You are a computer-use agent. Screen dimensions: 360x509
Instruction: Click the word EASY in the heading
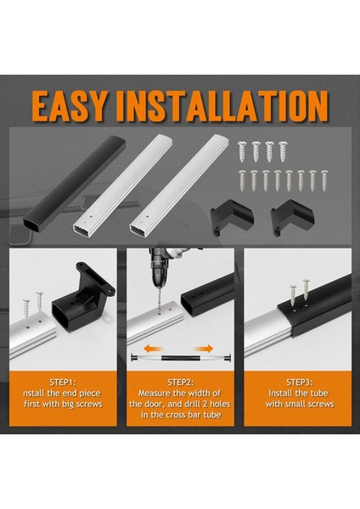(x=70, y=106)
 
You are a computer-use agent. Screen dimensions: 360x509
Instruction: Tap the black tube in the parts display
(x=74, y=183)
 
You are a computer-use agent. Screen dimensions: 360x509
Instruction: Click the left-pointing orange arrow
(x=154, y=349)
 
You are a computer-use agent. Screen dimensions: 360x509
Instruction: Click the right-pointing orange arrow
(x=204, y=349)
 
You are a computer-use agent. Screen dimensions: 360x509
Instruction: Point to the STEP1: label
(x=63, y=382)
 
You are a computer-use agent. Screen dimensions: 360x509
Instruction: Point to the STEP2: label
(x=181, y=382)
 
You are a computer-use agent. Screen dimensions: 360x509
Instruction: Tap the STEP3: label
(x=299, y=382)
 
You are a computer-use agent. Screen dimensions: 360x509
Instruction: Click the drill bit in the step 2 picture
(x=158, y=301)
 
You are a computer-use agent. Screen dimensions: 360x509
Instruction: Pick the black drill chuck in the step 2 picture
(x=160, y=272)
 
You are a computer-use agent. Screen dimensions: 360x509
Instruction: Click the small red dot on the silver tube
(x=171, y=310)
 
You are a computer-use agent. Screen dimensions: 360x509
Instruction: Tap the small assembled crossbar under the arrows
(x=181, y=358)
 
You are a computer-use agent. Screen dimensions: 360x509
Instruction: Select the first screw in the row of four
(x=242, y=152)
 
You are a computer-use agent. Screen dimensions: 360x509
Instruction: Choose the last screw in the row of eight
(x=324, y=181)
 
